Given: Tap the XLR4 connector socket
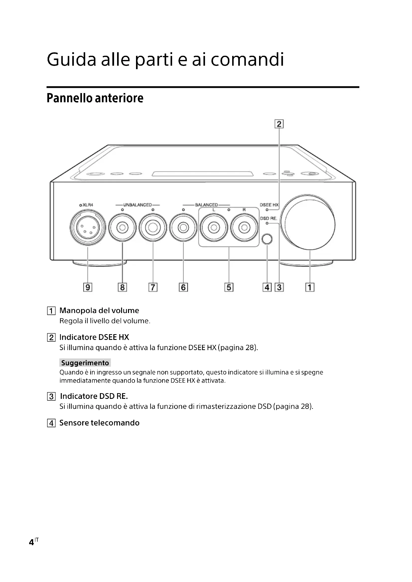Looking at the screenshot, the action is tap(87, 228).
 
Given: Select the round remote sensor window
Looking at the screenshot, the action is tap(267, 239).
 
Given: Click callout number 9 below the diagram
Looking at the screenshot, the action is tap(87, 287).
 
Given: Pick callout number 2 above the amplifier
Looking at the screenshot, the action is tap(279, 124).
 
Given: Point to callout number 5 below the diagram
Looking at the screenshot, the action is tap(229, 287).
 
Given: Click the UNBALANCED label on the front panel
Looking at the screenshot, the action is tap(137, 205).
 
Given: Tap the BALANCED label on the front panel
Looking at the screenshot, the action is tap(206, 205).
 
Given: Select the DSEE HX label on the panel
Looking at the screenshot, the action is tap(269, 205).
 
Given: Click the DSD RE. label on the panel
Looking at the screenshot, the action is tap(269, 218).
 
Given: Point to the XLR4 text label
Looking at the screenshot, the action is tap(88, 205).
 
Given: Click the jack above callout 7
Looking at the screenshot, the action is tap(153, 228).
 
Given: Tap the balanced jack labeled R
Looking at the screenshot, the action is tap(244, 228).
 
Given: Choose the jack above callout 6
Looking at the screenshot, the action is tap(183, 228).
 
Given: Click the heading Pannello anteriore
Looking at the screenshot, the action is tap(95, 98).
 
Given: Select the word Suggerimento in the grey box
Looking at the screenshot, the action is tap(85, 363).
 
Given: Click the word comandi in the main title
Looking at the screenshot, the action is tap(247, 59).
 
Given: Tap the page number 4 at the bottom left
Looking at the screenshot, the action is tap(31, 542).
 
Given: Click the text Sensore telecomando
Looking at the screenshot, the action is tap(99, 423).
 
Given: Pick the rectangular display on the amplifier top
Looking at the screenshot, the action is tap(203, 174).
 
